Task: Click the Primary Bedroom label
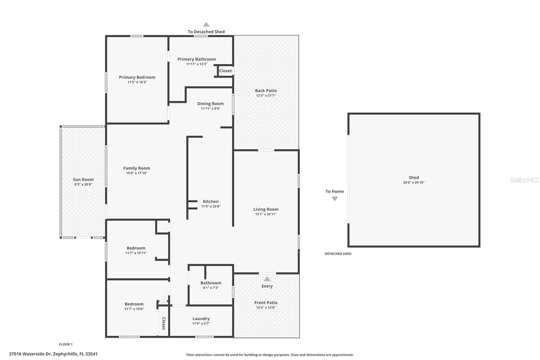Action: [137, 77]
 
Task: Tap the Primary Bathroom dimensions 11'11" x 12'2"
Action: [197, 64]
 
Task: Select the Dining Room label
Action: [211, 104]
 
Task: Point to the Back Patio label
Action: [266, 91]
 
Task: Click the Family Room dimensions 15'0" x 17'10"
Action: [137, 173]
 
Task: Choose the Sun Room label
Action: [83, 180]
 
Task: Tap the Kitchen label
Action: [211, 202]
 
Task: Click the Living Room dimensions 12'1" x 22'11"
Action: [266, 214]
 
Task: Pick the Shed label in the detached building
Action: [414, 178]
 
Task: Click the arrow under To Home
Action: [335, 199]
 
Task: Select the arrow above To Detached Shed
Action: [206, 25]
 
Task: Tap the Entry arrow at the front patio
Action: [267, 279]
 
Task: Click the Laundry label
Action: [201, 319]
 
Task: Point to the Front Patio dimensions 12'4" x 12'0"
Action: [266, 308]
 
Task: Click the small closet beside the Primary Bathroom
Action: [225, 71]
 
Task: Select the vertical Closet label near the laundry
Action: [164, 324]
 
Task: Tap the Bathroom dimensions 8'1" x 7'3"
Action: [211, 288]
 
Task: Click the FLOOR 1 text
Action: [66, 344]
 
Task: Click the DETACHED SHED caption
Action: [338, 254]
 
